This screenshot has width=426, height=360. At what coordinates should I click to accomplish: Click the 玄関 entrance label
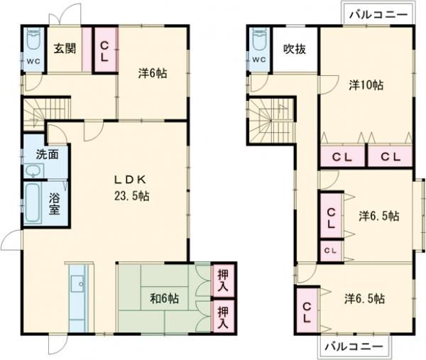point(65,48)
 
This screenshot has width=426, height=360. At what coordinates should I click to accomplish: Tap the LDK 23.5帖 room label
point(131,187)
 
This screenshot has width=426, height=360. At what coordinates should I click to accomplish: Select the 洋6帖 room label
point(153,73)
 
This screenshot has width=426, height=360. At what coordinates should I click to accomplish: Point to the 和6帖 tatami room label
point(165,298)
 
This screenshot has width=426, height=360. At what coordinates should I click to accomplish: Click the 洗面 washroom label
point(48,154)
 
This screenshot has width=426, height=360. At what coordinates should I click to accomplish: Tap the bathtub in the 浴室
point(33,202)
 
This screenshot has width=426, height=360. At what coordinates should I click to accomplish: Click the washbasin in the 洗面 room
point(33,171)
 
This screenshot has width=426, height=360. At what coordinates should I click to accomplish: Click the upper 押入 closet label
point(223,281)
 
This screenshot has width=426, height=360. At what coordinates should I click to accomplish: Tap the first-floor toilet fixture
point(33,38)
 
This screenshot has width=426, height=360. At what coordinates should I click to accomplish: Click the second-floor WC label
point(259,60)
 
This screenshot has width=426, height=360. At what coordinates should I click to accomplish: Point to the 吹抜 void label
point(295,49)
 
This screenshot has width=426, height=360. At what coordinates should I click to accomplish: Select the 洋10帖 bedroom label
point(366,85)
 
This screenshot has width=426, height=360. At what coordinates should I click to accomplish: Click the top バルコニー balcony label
point(378,14)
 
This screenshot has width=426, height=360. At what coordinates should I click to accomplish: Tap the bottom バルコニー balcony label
point(354,346)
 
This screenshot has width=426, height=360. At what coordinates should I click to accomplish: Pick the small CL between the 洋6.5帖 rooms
point(331,251)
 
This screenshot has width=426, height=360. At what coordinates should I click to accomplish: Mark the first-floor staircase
point(46,114)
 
